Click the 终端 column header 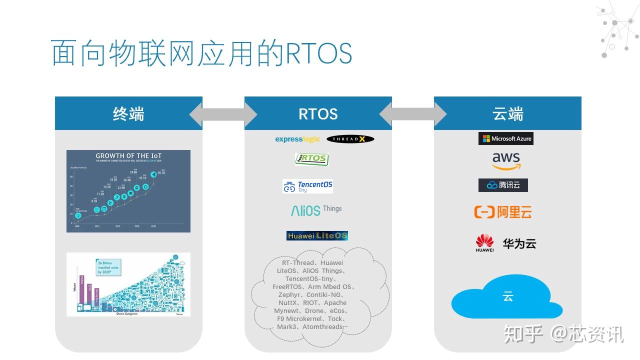coord(128,113)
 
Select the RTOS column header coord(318,113)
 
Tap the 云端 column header coord(507,113)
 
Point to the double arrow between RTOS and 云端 coord(413,114)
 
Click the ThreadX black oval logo coord(350,139)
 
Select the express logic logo coord(297,139)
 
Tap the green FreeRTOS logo coord(311,159)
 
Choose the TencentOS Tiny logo coord(307,186)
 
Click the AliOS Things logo coord(316,210)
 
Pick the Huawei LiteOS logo coord(317,235)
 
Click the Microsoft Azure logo coord(506,138)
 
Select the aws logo coord(506,161)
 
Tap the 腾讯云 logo coord(503,185)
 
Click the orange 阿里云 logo coord(502,212)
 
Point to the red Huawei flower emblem coord(484,241)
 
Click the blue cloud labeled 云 coord(507,298)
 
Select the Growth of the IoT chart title coord(128,156)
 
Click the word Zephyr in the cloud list coord(289,295)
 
